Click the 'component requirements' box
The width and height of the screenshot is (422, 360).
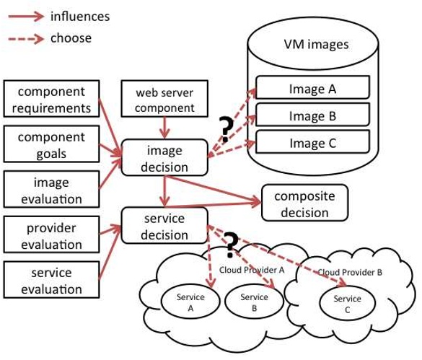click(50, 100)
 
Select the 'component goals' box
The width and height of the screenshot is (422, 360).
click(50, 144)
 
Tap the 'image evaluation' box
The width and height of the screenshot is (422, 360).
click(50, 190)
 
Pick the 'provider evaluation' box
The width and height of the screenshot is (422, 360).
click(50, 236)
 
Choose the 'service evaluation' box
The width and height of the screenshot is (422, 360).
click(50, 281)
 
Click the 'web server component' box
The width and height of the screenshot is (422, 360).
click(166, 100)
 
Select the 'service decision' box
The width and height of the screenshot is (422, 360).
click(165, 226)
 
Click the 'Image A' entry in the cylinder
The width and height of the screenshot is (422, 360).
click(312, 89)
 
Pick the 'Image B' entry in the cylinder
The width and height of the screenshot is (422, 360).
click(312, 115)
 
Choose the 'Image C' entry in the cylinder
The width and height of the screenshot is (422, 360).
click(312, 142)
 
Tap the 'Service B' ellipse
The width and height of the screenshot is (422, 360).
click(254, 302)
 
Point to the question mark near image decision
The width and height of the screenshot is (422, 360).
click(225, 128)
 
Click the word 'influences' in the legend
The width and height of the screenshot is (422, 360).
click(79, 16)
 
